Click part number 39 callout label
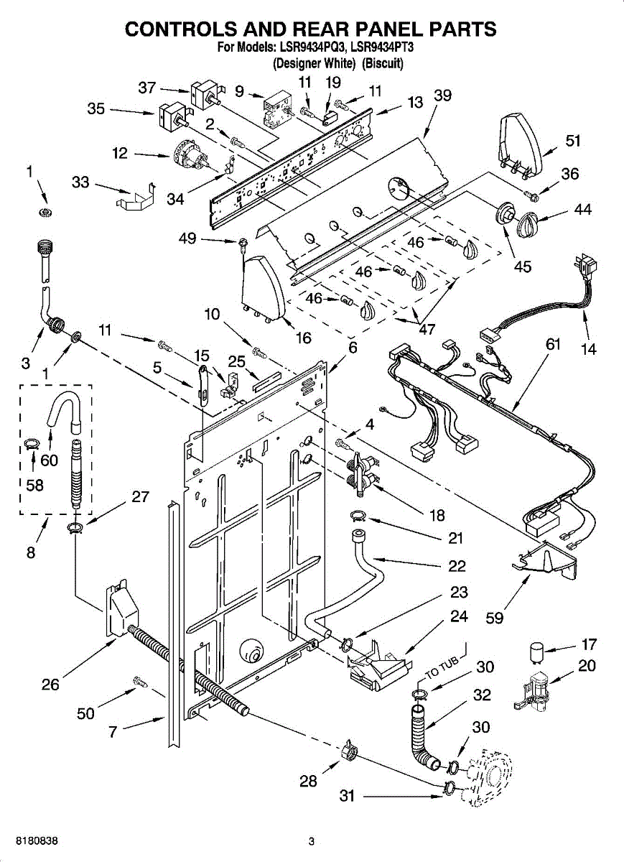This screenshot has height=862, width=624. [443, 96]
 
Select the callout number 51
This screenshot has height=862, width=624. [572, 141]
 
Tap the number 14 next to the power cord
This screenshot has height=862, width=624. [589, 351]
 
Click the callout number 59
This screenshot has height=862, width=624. [494, 617]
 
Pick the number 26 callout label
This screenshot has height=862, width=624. [50, 685]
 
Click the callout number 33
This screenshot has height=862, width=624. [80, 182]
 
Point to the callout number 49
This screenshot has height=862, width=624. [187, 238]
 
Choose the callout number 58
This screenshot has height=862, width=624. [34, 485]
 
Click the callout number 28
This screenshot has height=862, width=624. [308, 781]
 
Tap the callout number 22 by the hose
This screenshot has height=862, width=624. [457, 566]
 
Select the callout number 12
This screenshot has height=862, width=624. [120, 152]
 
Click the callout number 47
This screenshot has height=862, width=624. [427, 330]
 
